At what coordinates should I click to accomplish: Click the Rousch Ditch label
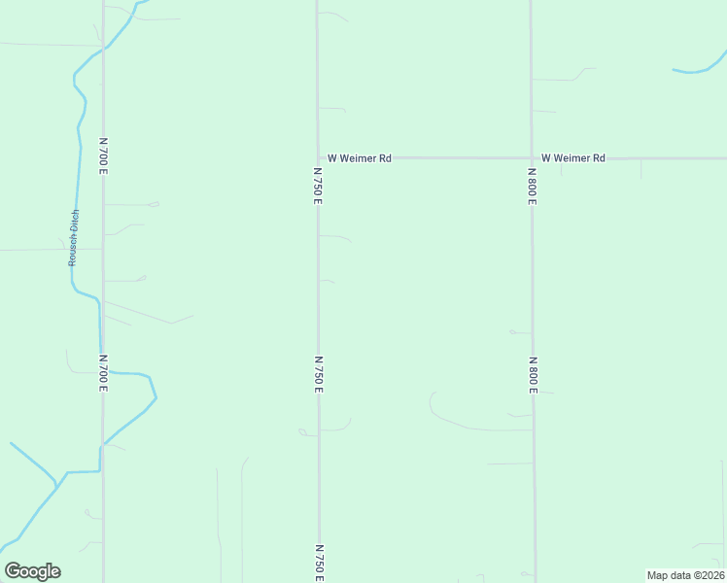tap(73, 238)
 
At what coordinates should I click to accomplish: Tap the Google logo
tap(32, 571)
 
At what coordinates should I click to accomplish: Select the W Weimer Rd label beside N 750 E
tap(359, 157)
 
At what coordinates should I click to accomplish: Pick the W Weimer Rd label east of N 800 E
tap(573, 157)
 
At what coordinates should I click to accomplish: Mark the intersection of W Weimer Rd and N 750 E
tap(318, 157)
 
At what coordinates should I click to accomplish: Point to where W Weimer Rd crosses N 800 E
tap(532, 157)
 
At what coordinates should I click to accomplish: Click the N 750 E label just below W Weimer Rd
tap(318, 185)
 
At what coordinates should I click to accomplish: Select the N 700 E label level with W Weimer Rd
tap(103, 155)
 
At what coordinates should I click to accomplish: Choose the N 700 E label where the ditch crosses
tap(103, 372)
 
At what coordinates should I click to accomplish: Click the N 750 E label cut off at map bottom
tap(319, 563)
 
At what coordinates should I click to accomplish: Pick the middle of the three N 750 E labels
tap(319, 374)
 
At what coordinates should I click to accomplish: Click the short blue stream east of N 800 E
tap(699, 68)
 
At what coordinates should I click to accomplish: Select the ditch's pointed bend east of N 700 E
tap(156, 396)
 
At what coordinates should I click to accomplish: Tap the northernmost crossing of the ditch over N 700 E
tap(104, 47)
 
